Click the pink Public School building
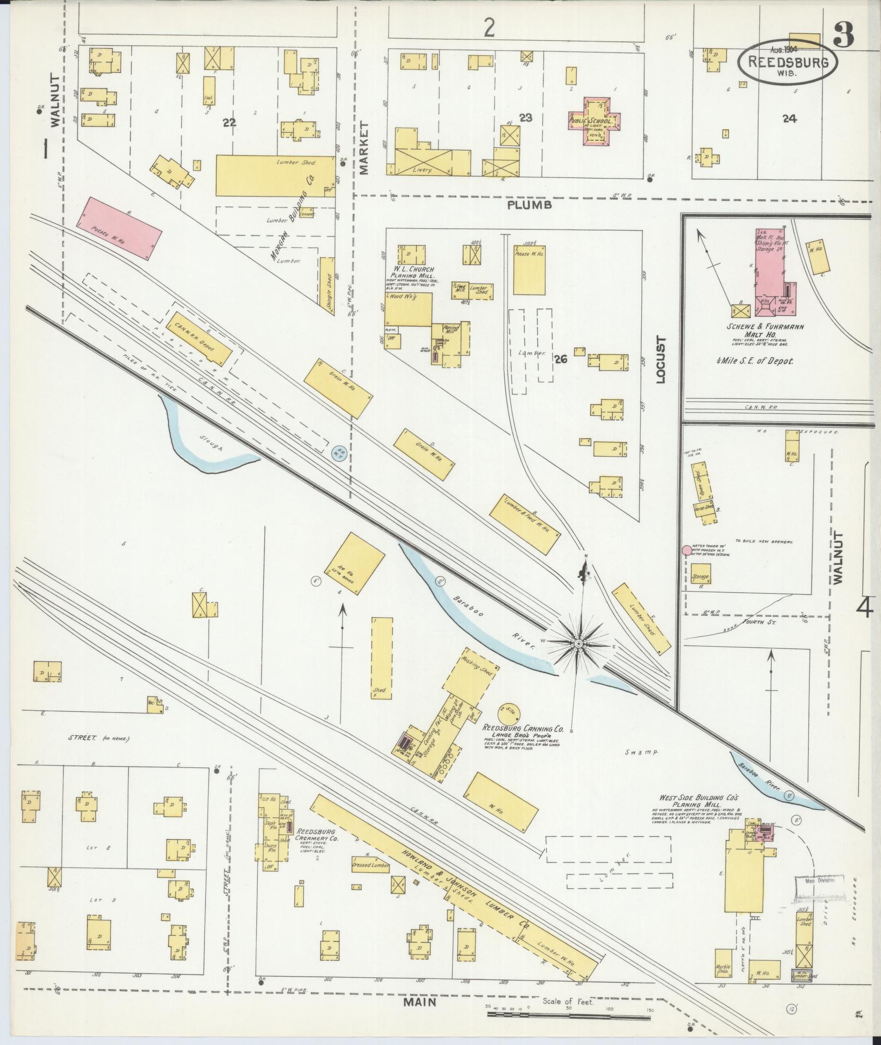coord(594,122)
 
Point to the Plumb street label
coord(529,205)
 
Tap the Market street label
coord(364,147)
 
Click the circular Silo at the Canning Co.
coord(509,713)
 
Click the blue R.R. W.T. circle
coord(338,452)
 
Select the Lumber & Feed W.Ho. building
coord(524,524)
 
